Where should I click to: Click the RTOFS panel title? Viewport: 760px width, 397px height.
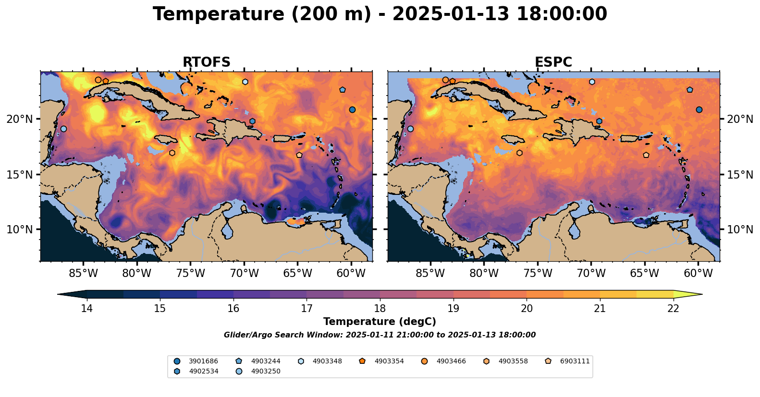point(206,62)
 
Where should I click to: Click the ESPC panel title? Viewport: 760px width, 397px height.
point(553,62)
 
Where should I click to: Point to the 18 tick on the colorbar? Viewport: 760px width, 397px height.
point(380,308)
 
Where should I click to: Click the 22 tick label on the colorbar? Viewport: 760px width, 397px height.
point(674,308)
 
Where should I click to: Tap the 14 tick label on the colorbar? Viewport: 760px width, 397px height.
point(86,308)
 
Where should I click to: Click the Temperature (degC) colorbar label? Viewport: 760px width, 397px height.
point(380,322)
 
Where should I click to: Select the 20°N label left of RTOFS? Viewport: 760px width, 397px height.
point(20,119)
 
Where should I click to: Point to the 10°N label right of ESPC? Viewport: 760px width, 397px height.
point(740,229)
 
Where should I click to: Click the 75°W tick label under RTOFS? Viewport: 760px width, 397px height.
point(191,274)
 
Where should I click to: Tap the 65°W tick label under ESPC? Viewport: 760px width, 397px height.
point(645,274)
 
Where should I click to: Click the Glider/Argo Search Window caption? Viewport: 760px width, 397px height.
point(380,335)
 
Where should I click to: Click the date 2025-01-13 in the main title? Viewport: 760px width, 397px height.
point(451,14)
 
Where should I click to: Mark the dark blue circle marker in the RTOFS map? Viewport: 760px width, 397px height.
point(352,109)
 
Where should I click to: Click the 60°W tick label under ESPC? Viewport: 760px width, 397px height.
point(698,274)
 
